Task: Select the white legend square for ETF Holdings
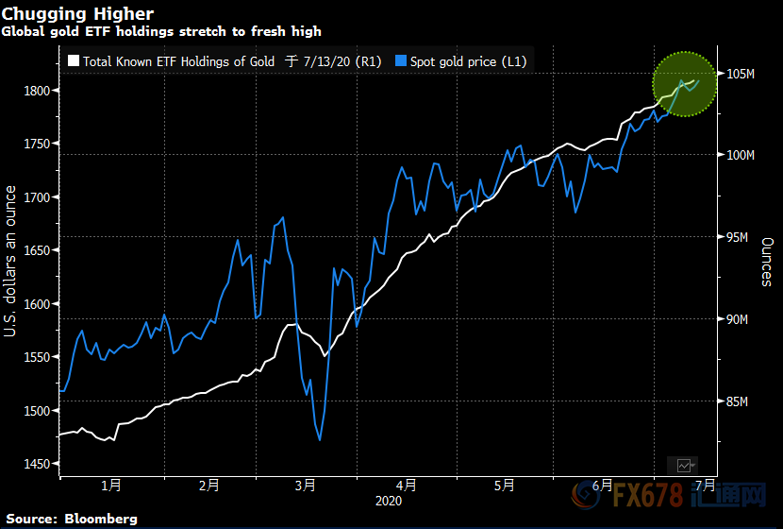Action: click(x=73, y=61)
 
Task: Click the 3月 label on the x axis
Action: click(x=306, y=486)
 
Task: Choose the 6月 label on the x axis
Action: click(x=602, y=486)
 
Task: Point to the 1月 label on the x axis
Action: click(x=110, y=486)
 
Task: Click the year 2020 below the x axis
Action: click(x=388, y=501)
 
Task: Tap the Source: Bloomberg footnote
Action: click(x=72, y=519)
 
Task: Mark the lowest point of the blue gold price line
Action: click(x=320, y=439)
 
